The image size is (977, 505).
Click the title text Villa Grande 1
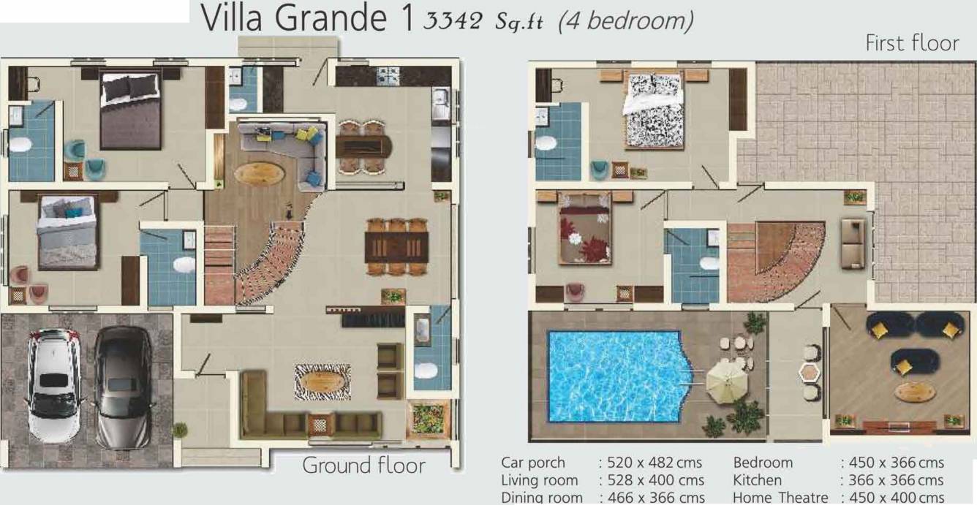pyautogui.click(x=307, y=19)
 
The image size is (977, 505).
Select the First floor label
pyautogui.click(x=911, y=43)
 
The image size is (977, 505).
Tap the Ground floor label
pyautogui.click(x=363, y=465)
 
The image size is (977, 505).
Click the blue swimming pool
pyautogui.click(x=614, y=376)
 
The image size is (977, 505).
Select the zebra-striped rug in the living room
pyautogui.click(x=322, y=380)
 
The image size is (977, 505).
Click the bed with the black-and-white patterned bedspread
pyautogui.click(x=653, y=110)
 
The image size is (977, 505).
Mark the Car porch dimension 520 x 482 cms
pyautogui.click(x=650, y=463)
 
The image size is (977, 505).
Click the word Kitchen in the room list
pyautogui.click(x=757, y=480)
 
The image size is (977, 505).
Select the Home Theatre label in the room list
pyautogui.click(x=780, y=498)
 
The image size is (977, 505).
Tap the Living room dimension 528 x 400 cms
pyautogui.click(x=651, y=480)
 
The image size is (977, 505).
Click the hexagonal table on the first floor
pyautogui.click(x=810, y=373)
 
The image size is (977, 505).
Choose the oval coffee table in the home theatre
pyautogui.click(x=916, y=392)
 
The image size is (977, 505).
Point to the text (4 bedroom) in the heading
pyautogui.click(x=625, y=20)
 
